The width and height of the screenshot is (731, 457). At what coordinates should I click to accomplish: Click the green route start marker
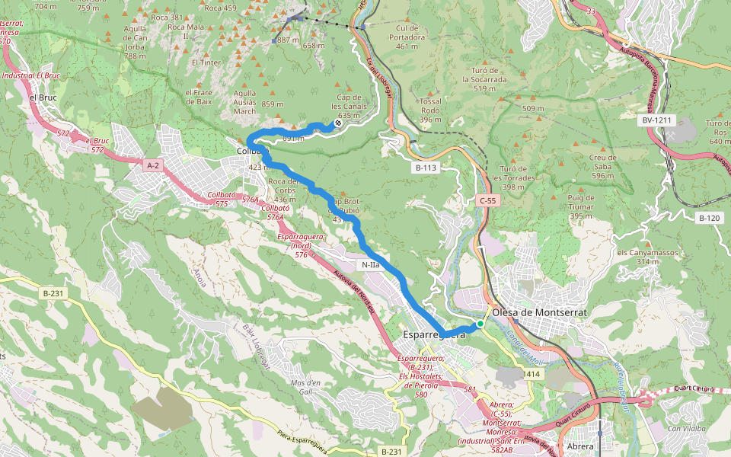[x=480, y=324]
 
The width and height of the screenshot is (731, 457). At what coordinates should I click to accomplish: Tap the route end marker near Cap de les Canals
[x=338, y=123]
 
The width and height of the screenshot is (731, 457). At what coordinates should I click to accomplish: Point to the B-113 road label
[x=428, y=167]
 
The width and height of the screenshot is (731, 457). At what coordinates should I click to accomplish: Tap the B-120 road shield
[x=709, y=218]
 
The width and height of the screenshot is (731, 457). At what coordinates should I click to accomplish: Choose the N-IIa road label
[x=371, y=265]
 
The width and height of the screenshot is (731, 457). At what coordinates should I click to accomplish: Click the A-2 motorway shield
[x=152, y=164]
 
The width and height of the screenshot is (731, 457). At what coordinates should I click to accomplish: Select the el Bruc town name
[x=43, y=98]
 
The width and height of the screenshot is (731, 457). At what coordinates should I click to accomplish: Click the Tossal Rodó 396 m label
[x=431, y=110]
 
